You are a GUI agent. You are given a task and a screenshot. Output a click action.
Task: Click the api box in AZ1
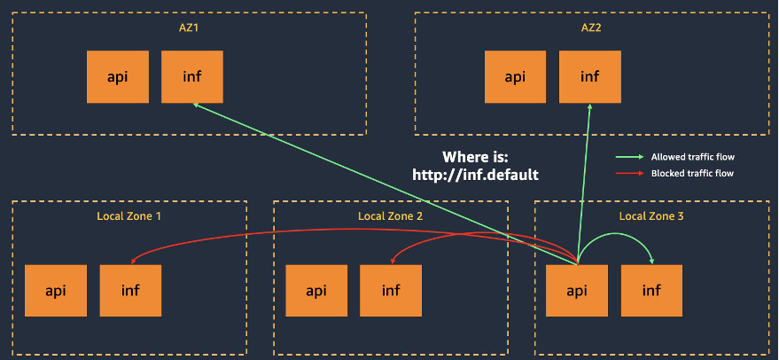click(x=117, y=76)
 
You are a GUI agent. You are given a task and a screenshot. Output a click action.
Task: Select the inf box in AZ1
click(x=191, y=76)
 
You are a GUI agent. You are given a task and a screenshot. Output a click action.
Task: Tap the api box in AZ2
click(x=515, y=76)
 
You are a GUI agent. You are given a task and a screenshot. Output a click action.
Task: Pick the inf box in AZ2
click(x=589, y=76)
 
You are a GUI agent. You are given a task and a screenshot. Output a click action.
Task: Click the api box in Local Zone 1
click(x=56, y=290)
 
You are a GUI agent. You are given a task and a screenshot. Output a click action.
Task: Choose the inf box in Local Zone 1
click(x=130, y=290)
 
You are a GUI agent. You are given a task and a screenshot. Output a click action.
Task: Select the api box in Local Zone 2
click(x=316, y=290)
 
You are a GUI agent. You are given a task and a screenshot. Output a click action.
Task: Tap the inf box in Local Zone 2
click(x=391, y=290)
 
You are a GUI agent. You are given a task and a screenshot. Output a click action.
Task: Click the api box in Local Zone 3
click(x=577, y=290)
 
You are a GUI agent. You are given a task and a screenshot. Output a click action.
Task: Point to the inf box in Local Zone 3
click(x=651, y=290)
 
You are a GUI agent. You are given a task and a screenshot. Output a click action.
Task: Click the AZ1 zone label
click(x=190, y=27)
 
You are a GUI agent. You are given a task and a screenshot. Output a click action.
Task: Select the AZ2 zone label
click(x=591, y=27)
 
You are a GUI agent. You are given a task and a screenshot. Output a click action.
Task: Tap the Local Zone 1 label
click(x=129, y=216)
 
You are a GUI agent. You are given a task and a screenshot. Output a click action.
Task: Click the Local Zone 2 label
click(x=390, y=216)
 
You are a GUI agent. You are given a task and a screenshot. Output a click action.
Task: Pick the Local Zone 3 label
click(x=651, y=216)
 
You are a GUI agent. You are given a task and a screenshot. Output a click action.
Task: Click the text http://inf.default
click(x=476, y=176)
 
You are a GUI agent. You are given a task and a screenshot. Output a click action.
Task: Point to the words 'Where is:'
click(x=476, y=157)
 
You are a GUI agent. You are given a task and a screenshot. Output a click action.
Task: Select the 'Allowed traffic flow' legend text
click(x=693, y=157)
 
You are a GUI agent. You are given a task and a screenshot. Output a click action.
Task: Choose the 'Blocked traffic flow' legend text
click(x=692, y=174)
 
